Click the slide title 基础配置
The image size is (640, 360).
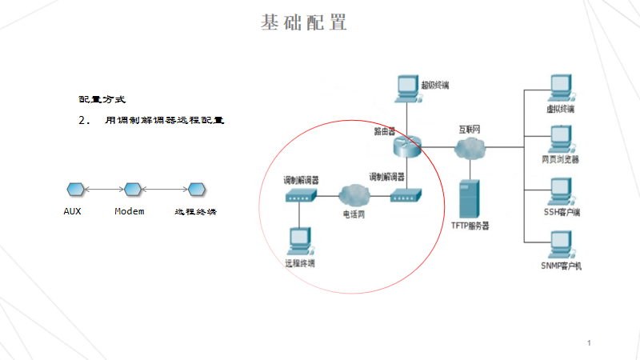[x=304, y=22]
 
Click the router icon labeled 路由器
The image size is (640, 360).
[x=406, y=146]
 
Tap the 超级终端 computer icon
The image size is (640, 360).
[x=407, y=87]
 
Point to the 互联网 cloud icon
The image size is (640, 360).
[x=468, y=147]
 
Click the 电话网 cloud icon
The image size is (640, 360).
[x=353, y=195]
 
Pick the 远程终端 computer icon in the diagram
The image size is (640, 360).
[x=300, y=240]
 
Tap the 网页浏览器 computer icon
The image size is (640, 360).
[x=560, y=138]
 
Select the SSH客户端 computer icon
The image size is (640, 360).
[x=560, y=191]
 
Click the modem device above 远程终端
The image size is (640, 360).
[x=300, y=196]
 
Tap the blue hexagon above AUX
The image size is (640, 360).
[x=74, y=189]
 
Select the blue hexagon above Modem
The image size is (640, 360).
[x=132, y=189]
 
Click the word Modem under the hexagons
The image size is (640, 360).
[x=129, y=212]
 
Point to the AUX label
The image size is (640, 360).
[x=72, y=212]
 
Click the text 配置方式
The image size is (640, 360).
[x=102, y=100]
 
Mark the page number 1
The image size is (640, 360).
[x=590, y=342]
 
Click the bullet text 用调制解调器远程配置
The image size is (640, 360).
[x=164, y=121]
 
